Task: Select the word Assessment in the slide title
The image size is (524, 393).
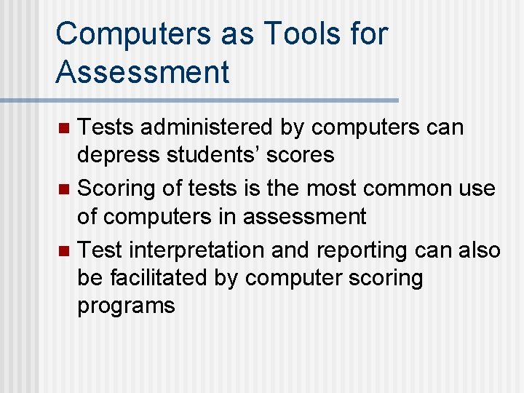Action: tap(142, 72)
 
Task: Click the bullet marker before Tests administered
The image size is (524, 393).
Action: tap(63, 128)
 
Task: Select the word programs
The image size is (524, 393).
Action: tap(126, 305)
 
